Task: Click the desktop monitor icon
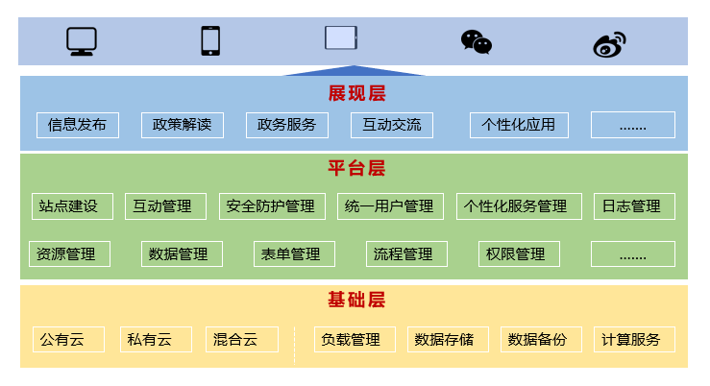[x=82, y=41]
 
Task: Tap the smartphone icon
[x=210, y=40]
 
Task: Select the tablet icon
[x=341, y=37]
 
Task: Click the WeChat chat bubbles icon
[x=477, y=42]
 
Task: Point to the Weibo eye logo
[x=609, y=44]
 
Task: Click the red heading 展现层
[x=356, y=94]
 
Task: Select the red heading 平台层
[x=356, y=168]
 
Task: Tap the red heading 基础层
[x=356, y=300]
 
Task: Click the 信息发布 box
[x=78, y=125]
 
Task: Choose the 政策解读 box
[x=182, y=125]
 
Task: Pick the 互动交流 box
[x=392, y=125]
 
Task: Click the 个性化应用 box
[x=519, y=125]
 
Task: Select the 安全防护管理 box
[x=272, y=206]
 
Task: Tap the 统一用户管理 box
[x=390, y=206]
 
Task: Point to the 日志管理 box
[x=634, y=206]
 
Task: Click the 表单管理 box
[x=294, y=253]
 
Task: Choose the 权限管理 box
[x=519, y=253]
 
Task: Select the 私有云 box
[x=156, y=339]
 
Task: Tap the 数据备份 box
[x=541, y=339]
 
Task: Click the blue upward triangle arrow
[x=355, y=71]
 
